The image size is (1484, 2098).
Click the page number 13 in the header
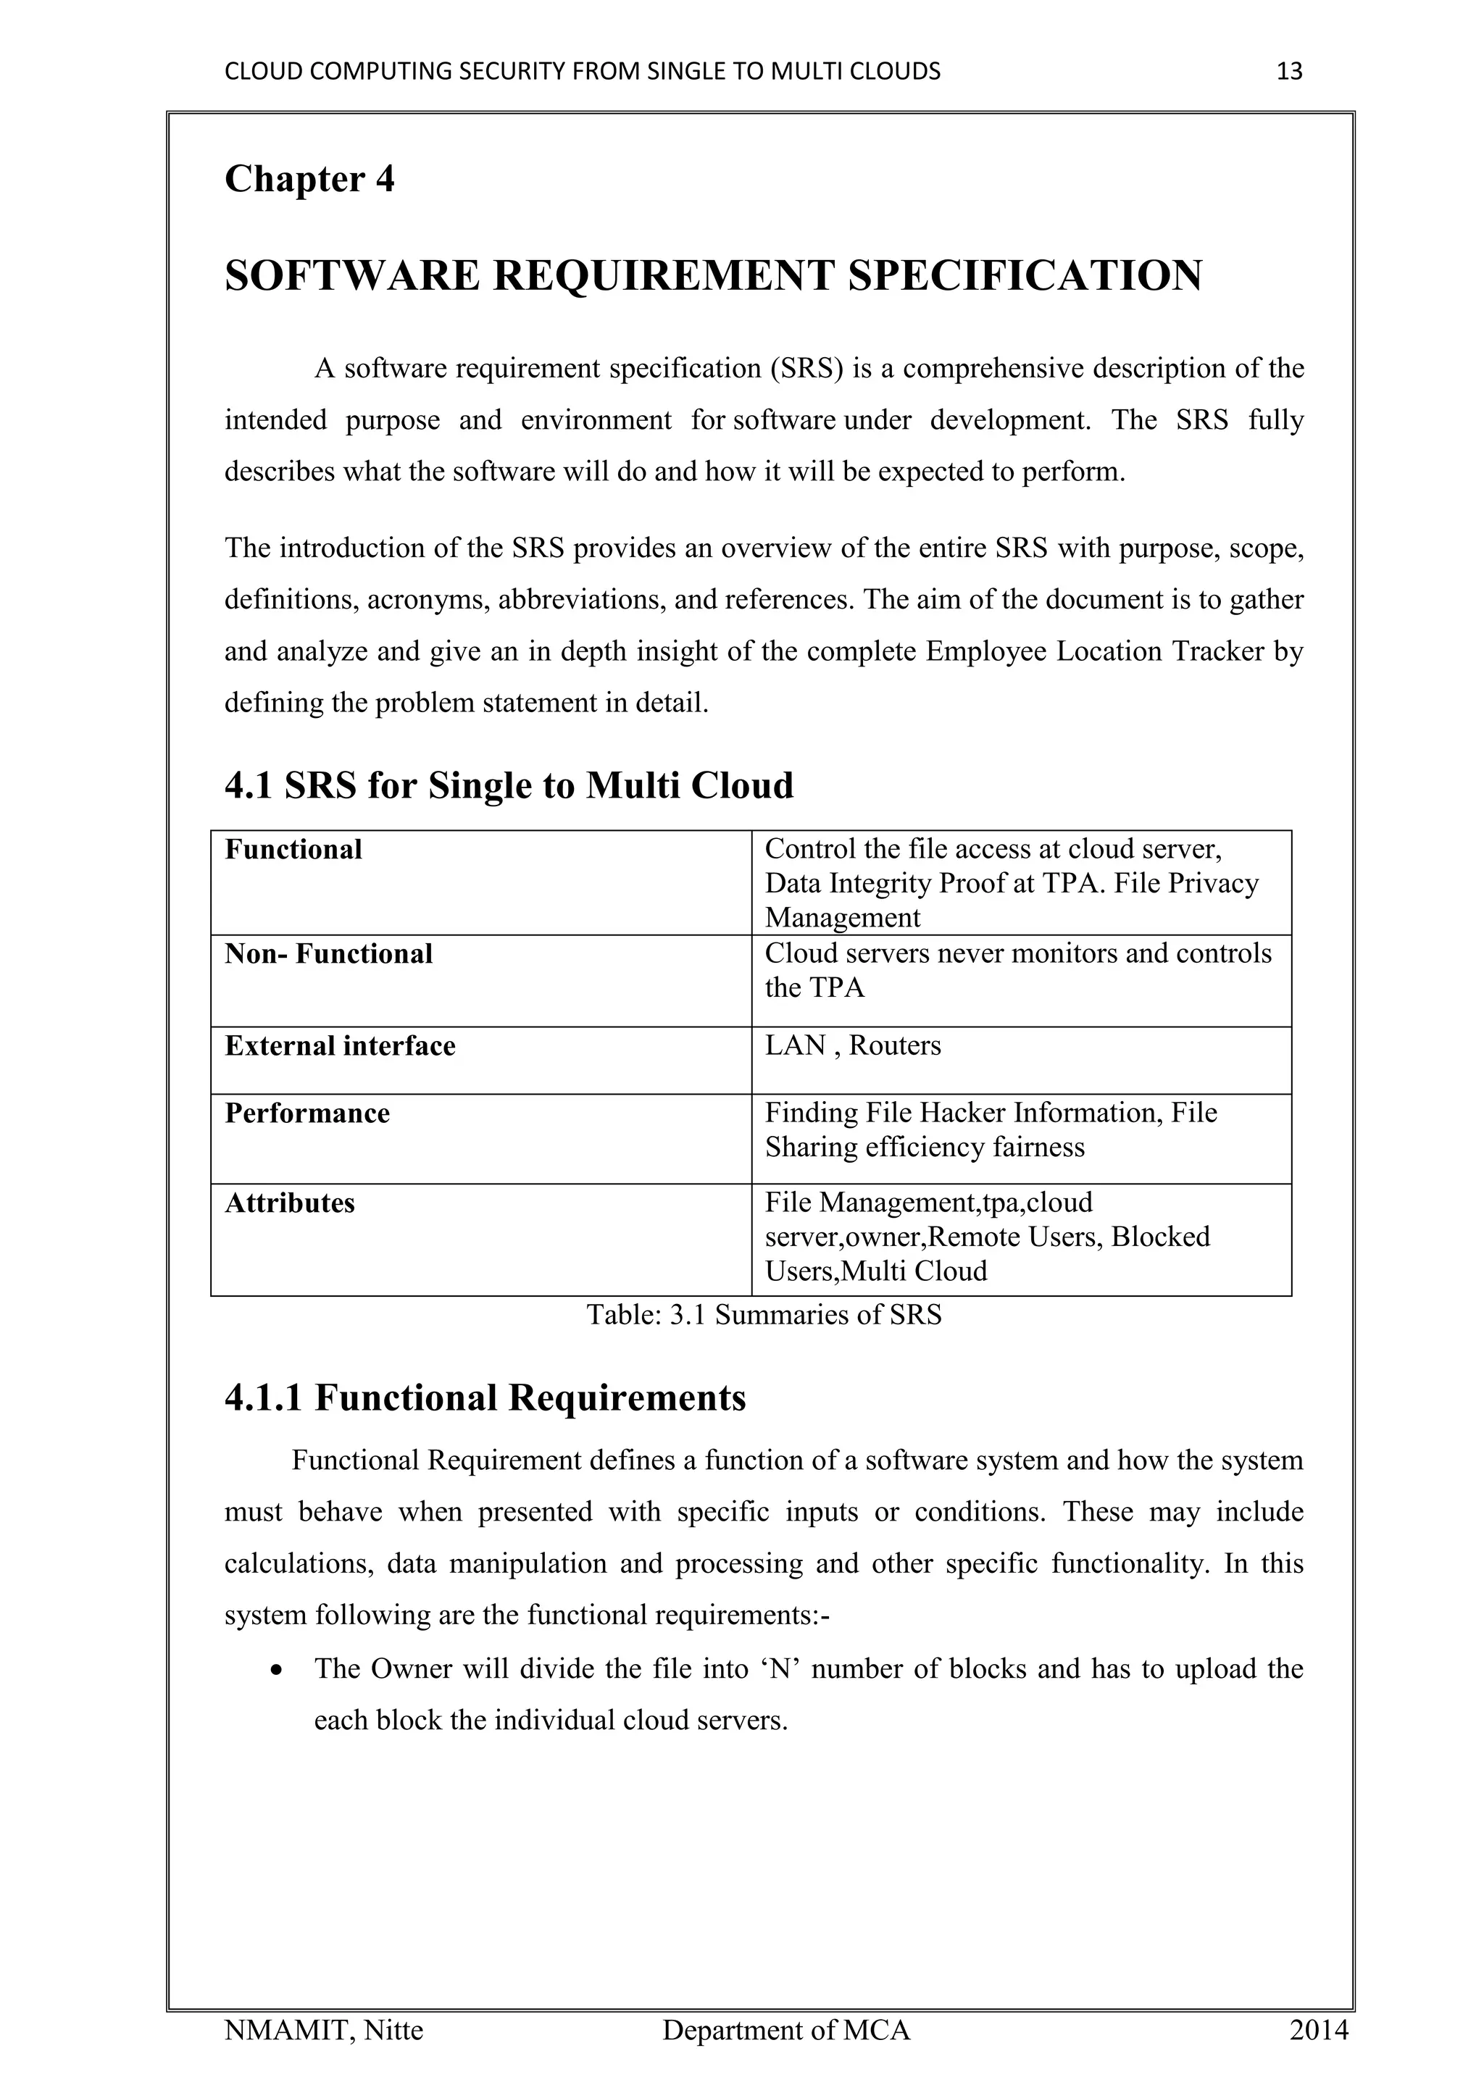coord(1288,71)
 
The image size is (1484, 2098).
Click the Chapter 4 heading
coord(309,179)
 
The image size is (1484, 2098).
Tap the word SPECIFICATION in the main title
coord(1025,276)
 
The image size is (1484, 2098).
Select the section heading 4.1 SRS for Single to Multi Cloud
coord(509,785)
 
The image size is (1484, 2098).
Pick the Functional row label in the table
coord(293,850)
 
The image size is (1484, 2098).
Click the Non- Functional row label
coord(328,954)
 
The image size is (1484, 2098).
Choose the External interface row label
coord(340,1045)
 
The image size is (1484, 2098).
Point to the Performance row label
coord(307,1113)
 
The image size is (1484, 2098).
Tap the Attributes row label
coord(290,1203)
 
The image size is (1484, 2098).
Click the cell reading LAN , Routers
coord(853,1045)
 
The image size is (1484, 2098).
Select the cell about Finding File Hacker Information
coord(991,1129)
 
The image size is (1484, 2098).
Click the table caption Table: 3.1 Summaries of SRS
coord(763,1315)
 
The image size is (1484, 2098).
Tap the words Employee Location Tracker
coord(1095,651)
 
